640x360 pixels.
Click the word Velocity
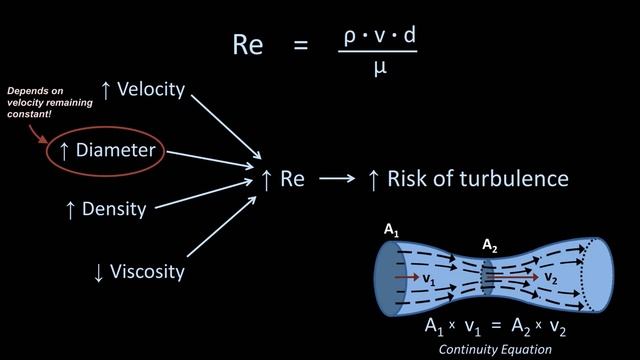151,89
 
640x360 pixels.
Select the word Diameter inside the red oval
116,151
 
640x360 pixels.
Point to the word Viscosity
148,271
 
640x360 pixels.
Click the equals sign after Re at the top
301,45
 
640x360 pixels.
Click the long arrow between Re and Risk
337,180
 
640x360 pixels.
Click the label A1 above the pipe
391,231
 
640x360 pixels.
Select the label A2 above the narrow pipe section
489,244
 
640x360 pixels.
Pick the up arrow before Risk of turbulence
373,180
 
